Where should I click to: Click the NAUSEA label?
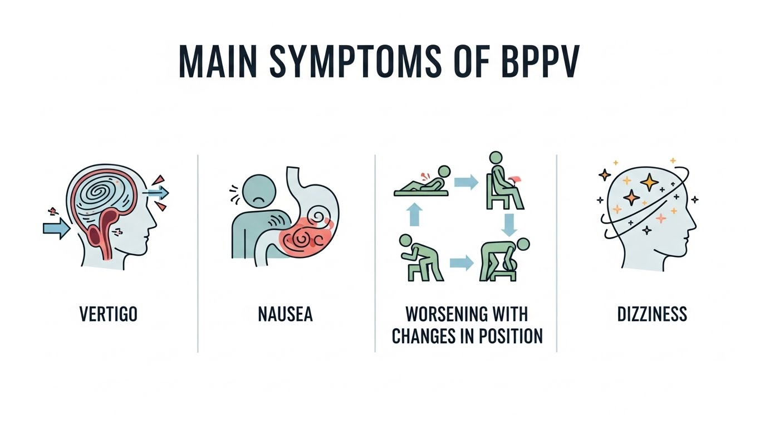click(286, 314)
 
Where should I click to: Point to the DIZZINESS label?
click(652, 314)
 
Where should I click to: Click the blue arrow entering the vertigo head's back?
click(56, 229)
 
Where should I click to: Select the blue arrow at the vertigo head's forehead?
click(155, 193)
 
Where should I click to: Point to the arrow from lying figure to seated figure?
click(465, 182)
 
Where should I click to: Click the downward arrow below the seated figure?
click(507, 225)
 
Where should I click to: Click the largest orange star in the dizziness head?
click(649, 182)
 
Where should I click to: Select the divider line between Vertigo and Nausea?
click(198, 254)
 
